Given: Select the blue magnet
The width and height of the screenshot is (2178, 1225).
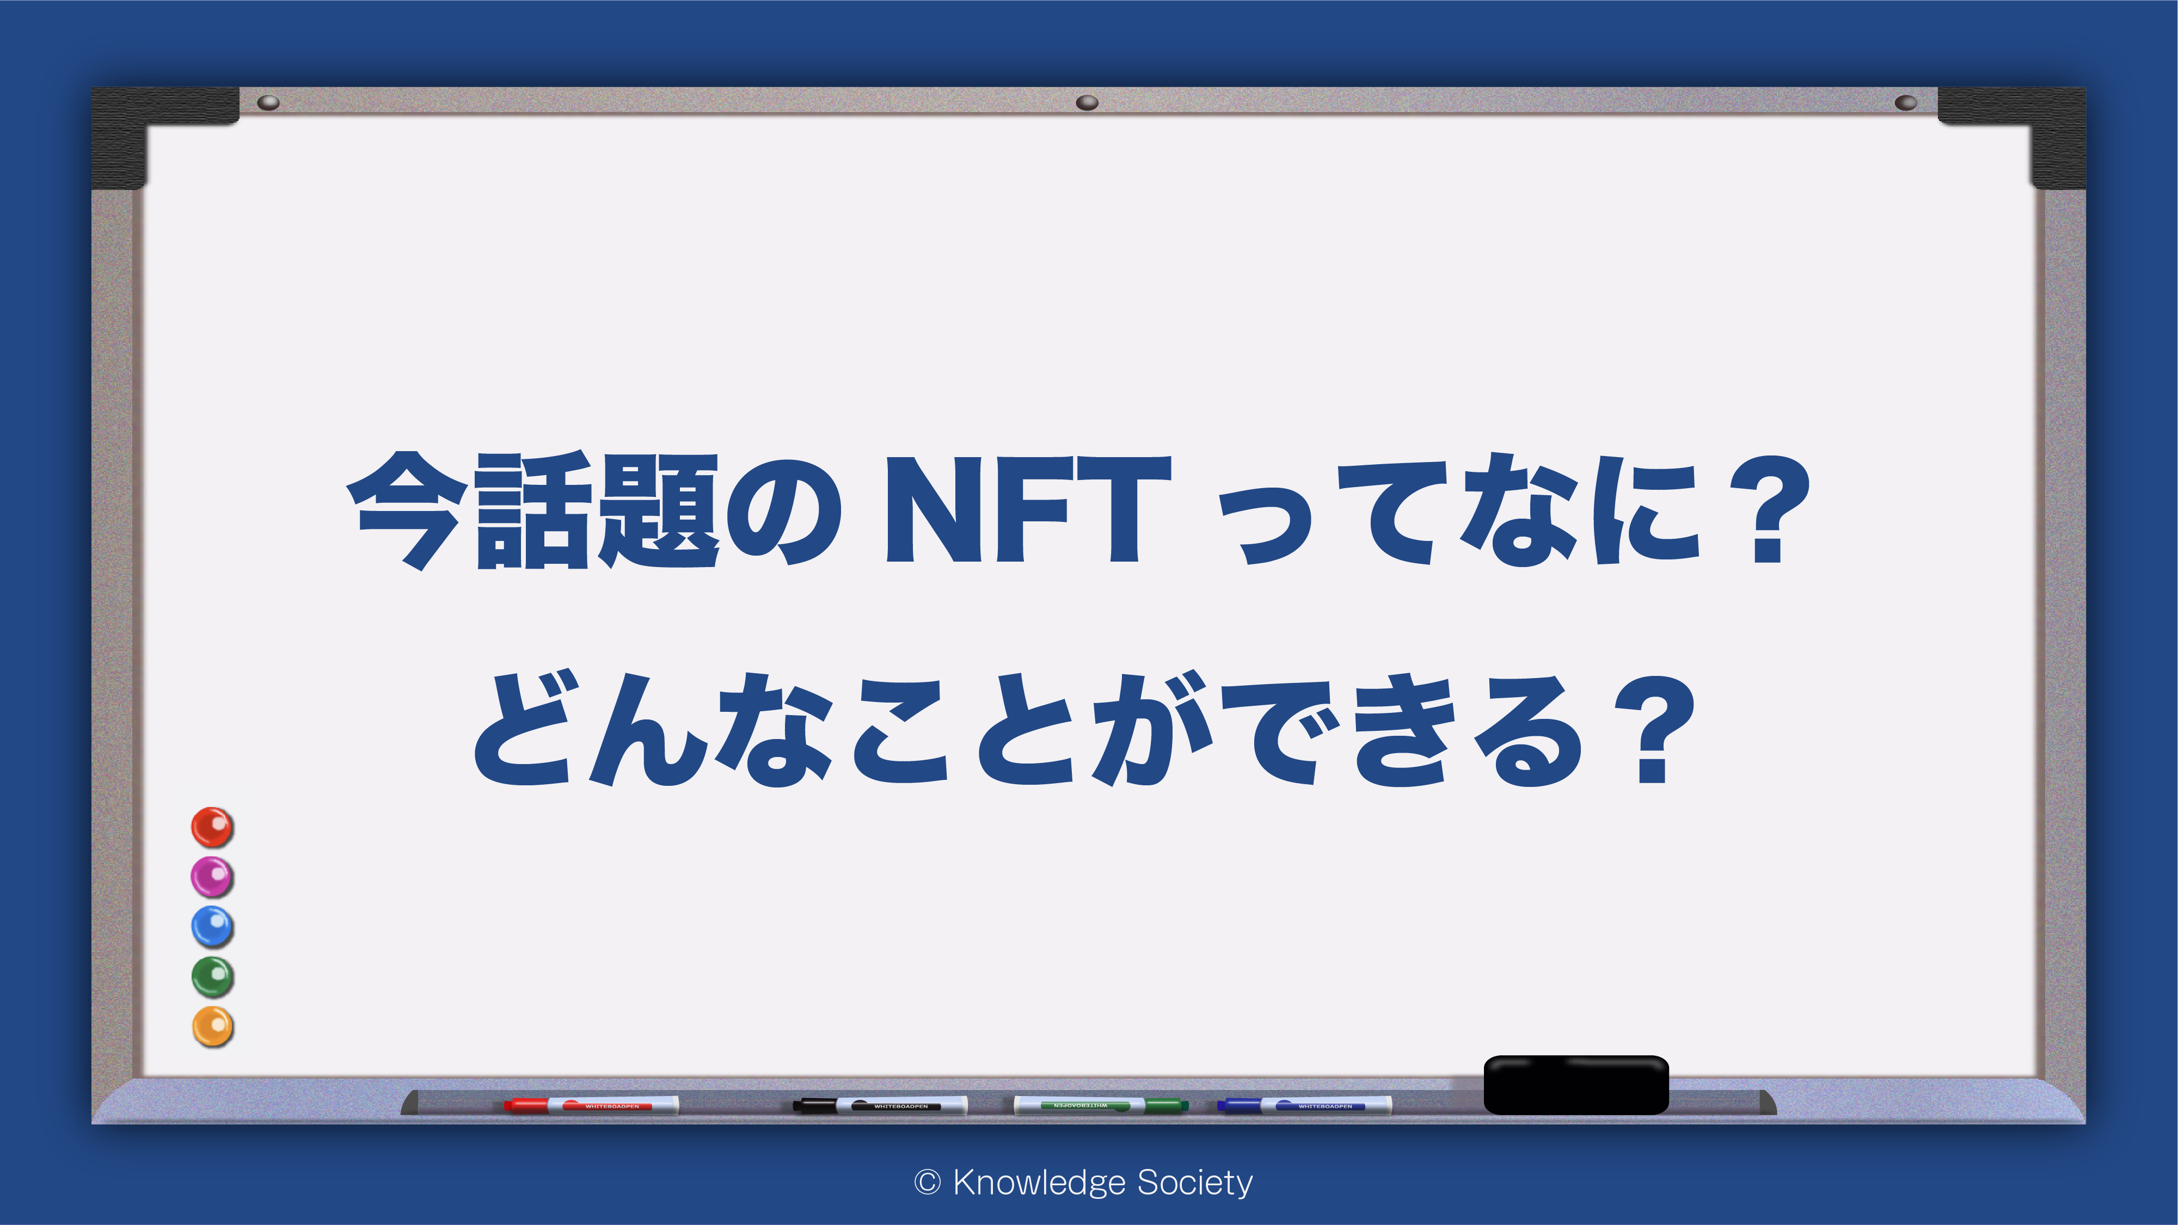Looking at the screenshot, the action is (212, 927).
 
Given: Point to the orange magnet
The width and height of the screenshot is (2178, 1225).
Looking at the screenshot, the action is (212, 1026).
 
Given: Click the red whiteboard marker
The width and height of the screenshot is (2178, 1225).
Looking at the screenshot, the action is (591, 1105).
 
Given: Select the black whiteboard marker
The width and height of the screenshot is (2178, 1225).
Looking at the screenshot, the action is (879, 1105).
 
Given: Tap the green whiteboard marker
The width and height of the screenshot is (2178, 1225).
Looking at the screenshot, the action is (1101, 1105).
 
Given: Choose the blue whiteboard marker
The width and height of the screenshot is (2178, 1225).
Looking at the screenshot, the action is (1304, 1105).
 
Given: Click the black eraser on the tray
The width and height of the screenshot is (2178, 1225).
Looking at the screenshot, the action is (1576, 1085).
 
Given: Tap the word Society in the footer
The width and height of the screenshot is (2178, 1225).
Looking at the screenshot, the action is (1195, 1183).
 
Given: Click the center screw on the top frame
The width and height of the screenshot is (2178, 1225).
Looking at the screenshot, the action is (1087, 102).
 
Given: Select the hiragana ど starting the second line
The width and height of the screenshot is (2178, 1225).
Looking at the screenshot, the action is (523, 730).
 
